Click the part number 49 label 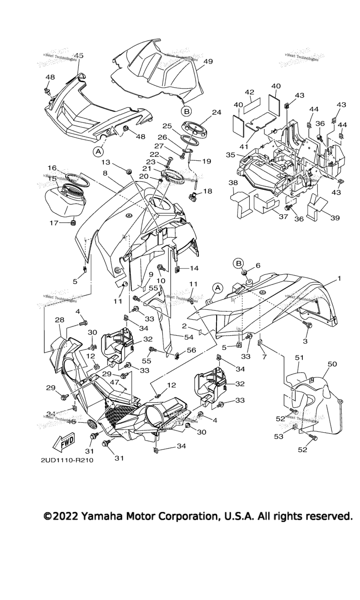(209, 61)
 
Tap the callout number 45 (78, 55)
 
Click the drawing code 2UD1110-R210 (67, 460)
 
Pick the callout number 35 (230, 154)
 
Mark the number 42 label (262, 92)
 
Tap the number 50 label (332, 364)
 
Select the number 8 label (105, 173)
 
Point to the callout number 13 (105, 162)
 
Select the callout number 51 (300, 357)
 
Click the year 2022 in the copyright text (65, 516)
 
